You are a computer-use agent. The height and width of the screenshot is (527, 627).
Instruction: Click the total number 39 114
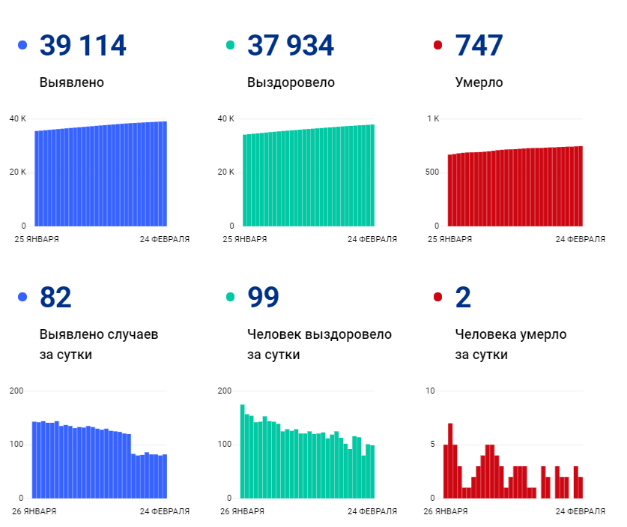[82, 46]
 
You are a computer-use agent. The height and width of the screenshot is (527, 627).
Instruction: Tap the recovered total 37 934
[291, 46]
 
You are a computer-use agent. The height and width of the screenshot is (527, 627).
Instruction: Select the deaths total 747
[479, 46]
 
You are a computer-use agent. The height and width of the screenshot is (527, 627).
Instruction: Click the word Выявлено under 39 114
[72, 82]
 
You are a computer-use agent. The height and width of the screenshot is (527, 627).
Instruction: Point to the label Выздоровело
[291, 82]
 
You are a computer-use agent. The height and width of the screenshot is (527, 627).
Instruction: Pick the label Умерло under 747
[479, 82]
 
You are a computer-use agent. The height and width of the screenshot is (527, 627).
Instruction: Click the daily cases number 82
[55, 298]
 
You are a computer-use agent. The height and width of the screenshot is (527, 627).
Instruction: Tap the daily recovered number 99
[263, 298]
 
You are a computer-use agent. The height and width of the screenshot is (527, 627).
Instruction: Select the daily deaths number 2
[463, 298]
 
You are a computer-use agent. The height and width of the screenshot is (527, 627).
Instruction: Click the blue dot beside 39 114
[22, 46]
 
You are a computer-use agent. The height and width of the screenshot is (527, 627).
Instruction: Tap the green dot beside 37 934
[231, 46]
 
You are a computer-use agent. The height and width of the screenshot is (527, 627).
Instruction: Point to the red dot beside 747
[438, 46]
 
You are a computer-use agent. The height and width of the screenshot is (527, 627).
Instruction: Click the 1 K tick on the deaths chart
[433, 119]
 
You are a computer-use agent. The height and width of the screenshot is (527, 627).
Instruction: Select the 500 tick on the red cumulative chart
[432, 172]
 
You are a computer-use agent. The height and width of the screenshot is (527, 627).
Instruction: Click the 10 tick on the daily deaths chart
[429, 391]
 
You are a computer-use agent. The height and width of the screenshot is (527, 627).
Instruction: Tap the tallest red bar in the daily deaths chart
[450, 461]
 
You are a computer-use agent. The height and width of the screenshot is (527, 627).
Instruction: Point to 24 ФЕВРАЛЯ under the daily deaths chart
[580, 511]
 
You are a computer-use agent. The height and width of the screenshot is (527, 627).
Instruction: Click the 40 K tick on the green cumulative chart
[225, 119]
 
